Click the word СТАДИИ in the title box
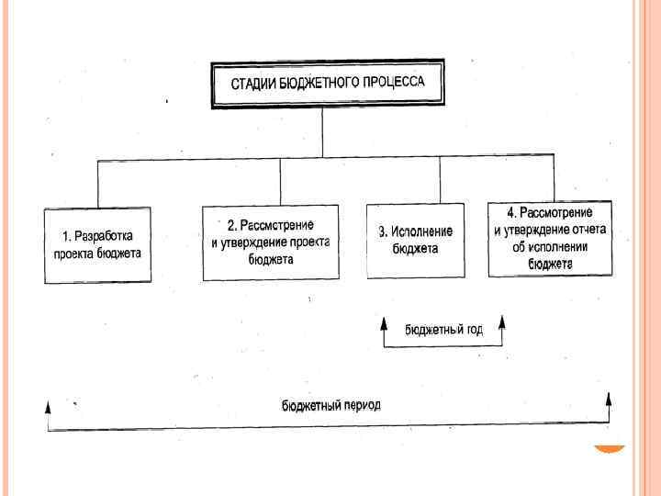click(x=251, y=85)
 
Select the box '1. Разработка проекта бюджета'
click(x=97, y=245)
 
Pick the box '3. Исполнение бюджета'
click(x=416, y=240)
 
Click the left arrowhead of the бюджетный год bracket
click(x=384, y=323)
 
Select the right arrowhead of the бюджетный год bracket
click(x=502, y=321)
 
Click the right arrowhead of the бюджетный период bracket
click(x=608, y=399)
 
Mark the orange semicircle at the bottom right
click(x=608, y=449)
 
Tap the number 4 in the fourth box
click(x=511, y=214)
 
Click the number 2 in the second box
click(x=231, y=227)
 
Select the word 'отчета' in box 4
click(x=590, y=231)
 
